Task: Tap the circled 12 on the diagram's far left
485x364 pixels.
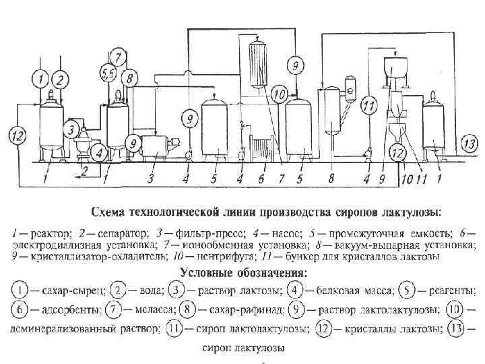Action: tap(18, 137)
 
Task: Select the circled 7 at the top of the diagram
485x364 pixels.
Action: tap(117, 56)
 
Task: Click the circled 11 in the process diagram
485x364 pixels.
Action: tap(368, 105)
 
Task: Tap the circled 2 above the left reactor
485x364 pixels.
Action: tap(59, 80)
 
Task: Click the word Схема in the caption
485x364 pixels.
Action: tap(112, 212)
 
